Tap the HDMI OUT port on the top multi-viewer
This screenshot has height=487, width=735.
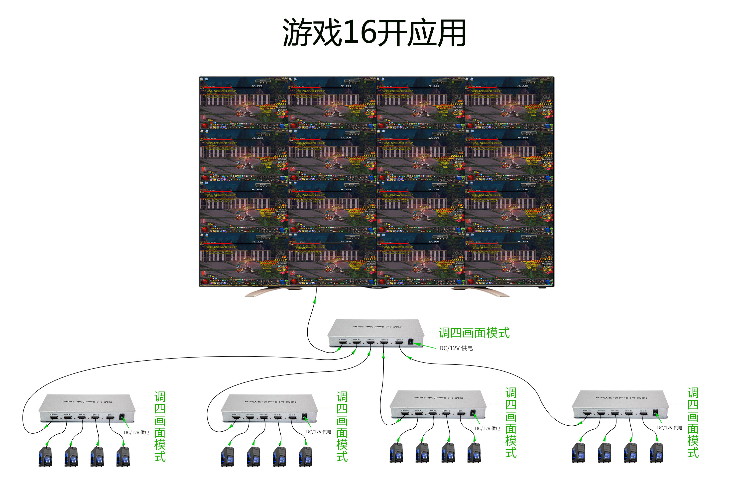coord(343,342)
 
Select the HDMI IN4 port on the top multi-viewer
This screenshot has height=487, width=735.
coord(399,343)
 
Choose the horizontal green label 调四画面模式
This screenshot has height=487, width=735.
coord(474,333)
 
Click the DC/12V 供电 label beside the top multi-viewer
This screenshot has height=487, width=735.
coord(456,348)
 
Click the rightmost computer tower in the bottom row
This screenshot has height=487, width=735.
coord(656,453)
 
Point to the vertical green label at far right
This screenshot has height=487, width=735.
coord(693,422)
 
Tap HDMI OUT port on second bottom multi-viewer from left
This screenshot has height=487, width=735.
coord(236,417)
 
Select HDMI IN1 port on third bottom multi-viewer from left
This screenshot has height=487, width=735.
coord(419,413)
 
